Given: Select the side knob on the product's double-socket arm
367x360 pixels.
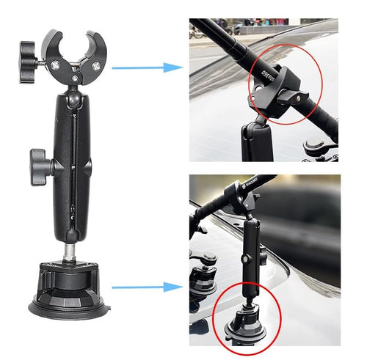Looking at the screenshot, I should pyautogui.click(x=41, y=164).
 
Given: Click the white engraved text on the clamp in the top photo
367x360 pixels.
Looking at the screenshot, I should pyautogui.click(x=269, y=73).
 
